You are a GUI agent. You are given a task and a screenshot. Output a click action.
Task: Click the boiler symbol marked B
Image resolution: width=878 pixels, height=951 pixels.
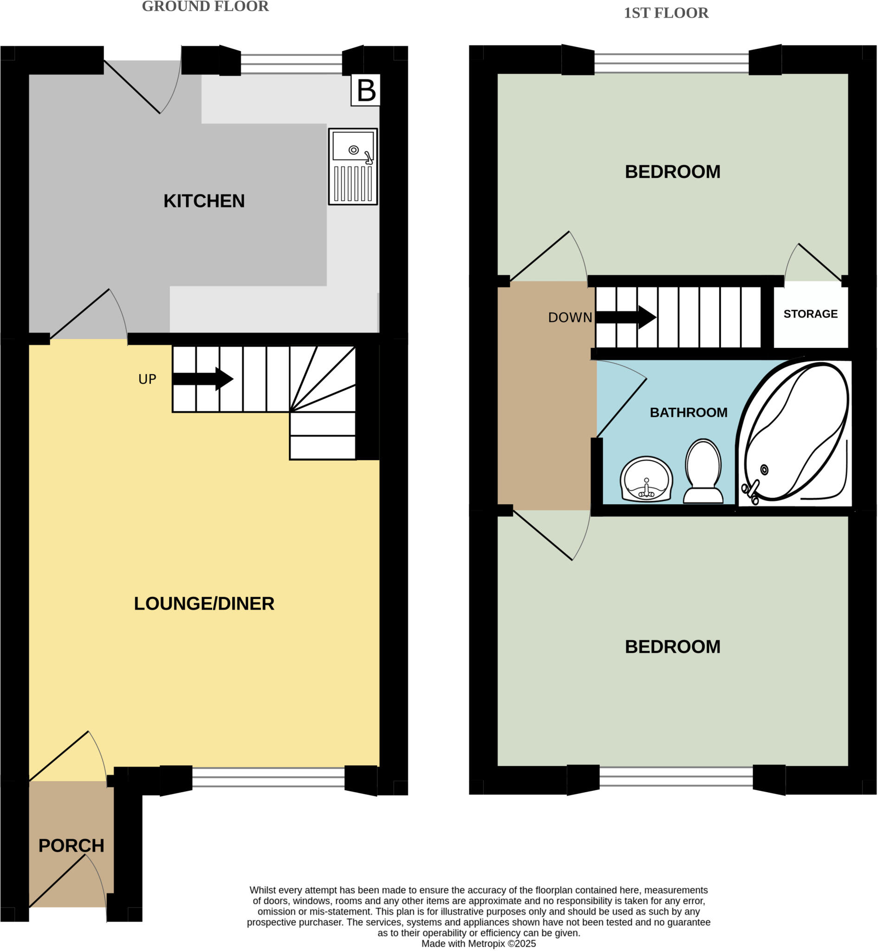click(365, 90)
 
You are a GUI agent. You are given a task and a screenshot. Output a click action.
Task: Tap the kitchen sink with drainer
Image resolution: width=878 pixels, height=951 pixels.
click(353, 166)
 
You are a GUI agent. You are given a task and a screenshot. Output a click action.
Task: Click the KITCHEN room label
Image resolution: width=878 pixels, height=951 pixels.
click(204, 201)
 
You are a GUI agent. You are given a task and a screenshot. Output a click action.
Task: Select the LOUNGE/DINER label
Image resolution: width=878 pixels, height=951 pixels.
click(204, 604)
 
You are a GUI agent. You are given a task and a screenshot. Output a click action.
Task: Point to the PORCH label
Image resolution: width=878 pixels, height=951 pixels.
click(71, 846)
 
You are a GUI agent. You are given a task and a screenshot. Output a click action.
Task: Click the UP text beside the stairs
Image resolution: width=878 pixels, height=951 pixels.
click(147, 379)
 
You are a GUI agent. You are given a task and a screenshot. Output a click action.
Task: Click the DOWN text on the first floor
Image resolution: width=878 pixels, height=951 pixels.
click(570, 318)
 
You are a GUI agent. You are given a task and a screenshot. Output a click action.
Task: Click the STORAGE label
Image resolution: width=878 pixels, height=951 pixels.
click(811, 314)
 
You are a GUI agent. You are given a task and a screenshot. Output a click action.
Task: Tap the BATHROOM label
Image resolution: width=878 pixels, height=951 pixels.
click(689, 412)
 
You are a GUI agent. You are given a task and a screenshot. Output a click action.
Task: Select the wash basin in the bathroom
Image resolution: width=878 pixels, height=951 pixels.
click(646, 480)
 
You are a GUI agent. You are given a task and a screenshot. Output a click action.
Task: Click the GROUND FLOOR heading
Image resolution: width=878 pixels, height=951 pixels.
click(205, 7)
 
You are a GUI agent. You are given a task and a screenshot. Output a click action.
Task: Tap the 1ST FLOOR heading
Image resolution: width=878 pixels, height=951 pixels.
click(666, 13)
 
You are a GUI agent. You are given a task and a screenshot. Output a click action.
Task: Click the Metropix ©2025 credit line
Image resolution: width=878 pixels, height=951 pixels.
click(478, 944)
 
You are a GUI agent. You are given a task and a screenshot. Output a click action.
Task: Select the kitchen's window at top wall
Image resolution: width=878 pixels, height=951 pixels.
click(291, 64)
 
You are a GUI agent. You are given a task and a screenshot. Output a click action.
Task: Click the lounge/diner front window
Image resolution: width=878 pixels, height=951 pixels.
click(268, 777)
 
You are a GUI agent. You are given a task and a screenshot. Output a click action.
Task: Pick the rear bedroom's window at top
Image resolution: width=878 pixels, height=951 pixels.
click(671, 63)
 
